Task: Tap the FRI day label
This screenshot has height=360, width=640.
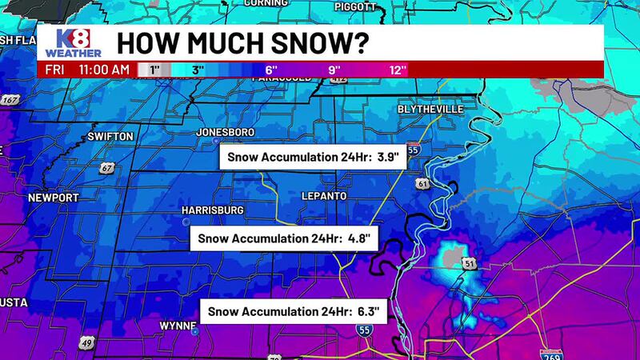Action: [x=54, y=70]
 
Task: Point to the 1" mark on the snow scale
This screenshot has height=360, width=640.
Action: [x=154, y=70]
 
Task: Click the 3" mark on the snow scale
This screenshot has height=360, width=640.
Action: [x=198, y=70]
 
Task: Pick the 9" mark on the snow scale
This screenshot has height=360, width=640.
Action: [x=335, y=70]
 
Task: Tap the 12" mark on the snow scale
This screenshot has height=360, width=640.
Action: [x=398, y=70]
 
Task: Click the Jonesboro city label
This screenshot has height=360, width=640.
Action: [x=227, y=132]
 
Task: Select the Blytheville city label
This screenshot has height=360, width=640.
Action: [x=430, y=110]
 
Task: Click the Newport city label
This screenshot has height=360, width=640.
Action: [x=54, y=198]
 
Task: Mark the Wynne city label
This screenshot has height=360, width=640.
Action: [x=178, y=326]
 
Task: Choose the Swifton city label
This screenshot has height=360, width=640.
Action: [x=111, y=137]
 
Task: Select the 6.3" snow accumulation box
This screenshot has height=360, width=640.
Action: [x=294, y=312]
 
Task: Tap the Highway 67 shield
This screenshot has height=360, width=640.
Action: [x=106, y=169]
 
